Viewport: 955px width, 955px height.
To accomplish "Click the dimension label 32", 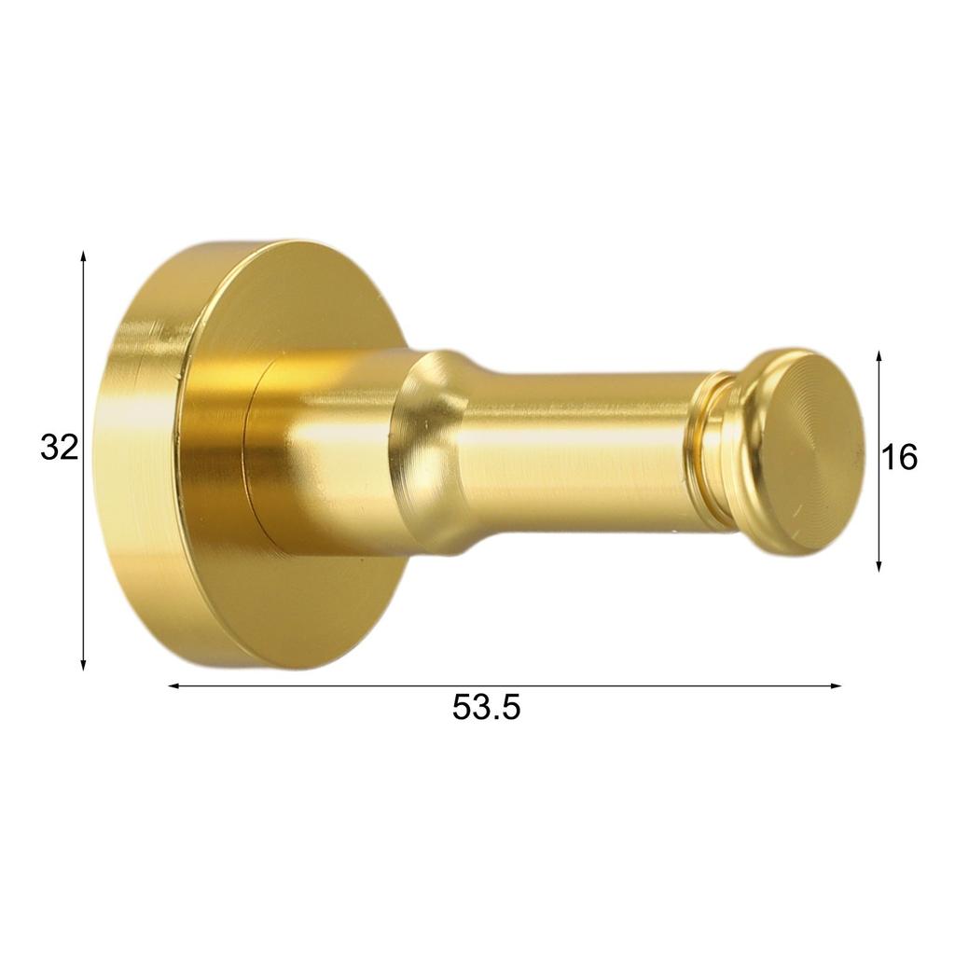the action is (58, 449).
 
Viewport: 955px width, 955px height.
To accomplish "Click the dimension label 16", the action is (900, 457).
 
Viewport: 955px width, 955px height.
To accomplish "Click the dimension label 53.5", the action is (486, 708).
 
